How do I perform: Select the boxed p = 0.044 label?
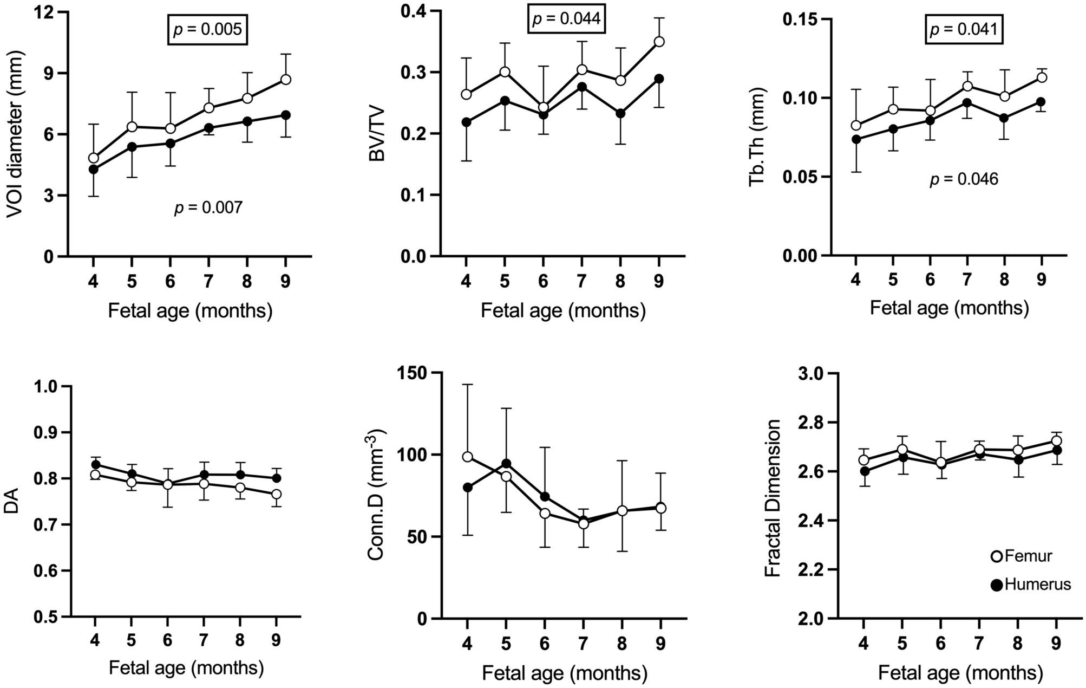point(566,19)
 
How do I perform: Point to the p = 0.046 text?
point(964,179)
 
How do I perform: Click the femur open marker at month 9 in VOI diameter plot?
point(286,80)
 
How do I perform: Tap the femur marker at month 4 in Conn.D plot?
point(467,457)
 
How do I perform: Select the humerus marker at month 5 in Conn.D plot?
point(506,463)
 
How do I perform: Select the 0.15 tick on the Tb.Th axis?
point(800,20)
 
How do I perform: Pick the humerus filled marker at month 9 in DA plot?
point(276,478)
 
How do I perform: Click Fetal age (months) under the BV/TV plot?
point(563,311)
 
